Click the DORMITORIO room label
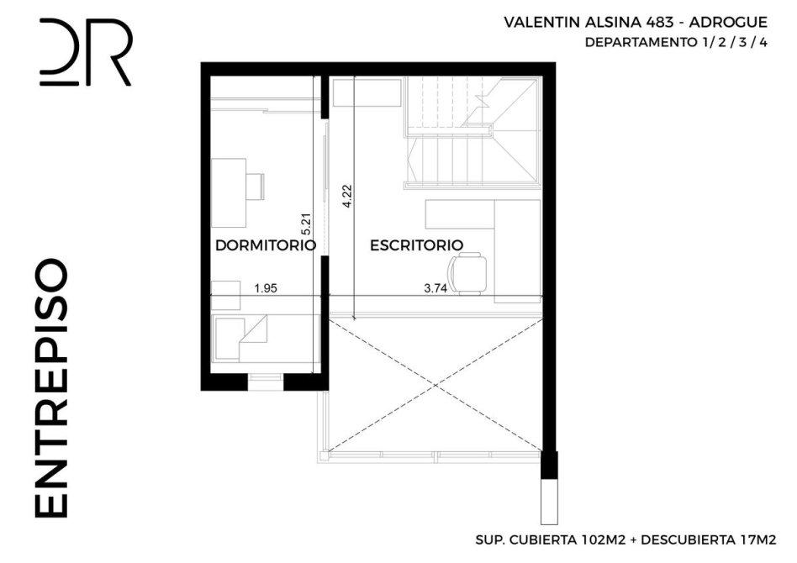click(266, 245)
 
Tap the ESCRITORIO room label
click(416, 245)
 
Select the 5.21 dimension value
click(307, 224)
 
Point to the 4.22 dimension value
click(347, 196)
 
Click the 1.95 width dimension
click(266, 288)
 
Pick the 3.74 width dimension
click(435, 288)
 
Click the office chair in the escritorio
click(467, 274)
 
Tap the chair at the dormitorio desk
click(256, 187)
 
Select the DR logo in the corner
click(86, 52)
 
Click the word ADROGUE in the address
click(728, 23)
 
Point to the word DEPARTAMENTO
click(640, 42)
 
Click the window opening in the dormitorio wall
click(266, 382)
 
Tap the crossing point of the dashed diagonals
click(436, 385)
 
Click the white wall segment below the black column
click(549, 502)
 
